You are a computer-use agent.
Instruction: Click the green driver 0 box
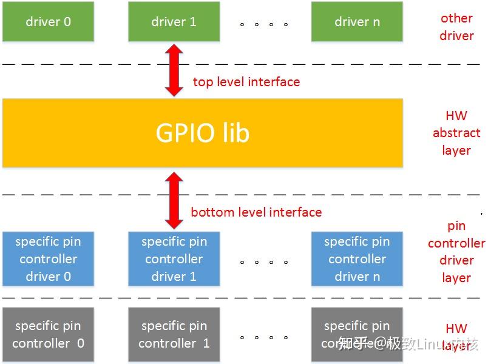(48, 22)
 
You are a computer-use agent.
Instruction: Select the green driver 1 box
(174, 22)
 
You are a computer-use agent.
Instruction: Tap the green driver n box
(357, 22)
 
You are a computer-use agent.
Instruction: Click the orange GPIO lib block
(202, 133)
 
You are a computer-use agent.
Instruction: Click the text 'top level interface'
(246, 82)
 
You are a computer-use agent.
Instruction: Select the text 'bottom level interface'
(256, 212)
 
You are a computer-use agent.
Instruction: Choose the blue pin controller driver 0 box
(48, 259)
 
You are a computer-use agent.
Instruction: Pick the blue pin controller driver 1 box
(174, 259)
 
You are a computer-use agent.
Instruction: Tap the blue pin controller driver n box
(357, 259)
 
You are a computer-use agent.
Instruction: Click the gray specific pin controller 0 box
(48, 334)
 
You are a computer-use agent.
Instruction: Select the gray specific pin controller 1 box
(174, 334)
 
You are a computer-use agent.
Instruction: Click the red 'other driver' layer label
(456, 27)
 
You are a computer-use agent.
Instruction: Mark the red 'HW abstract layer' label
(456, 133)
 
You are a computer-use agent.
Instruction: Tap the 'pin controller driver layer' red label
(456, 252)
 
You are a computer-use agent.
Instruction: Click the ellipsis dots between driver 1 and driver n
(263, 25)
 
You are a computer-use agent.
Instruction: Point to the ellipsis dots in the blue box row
(263, 263)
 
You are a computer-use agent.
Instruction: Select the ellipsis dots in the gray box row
(263, 337)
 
